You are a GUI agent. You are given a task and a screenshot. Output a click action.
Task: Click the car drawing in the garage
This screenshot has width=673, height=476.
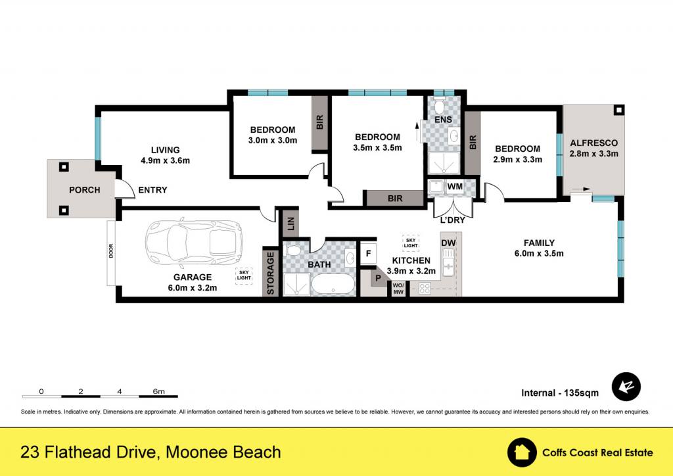tap(194, 244)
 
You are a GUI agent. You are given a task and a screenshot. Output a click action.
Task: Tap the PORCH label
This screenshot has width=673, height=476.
tap(85, 190)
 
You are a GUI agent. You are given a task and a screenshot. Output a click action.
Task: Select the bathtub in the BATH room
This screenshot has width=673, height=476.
tap(333, 285)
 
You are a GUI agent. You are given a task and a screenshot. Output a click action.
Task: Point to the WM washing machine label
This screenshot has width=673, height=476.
tap(455, 187)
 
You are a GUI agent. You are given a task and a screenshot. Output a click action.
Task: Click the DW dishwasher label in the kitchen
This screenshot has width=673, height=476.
tap(448, 243)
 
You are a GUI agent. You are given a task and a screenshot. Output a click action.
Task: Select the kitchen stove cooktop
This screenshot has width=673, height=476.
tap(425, 288)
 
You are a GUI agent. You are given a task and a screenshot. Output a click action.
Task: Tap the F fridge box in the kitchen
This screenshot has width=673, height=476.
tap(368, 254)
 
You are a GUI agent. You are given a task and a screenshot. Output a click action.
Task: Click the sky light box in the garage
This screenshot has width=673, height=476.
tap(244, 275)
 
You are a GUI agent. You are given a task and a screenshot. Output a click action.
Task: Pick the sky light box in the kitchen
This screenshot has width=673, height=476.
tap(410, 243)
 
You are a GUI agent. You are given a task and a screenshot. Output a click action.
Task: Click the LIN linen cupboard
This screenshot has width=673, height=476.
tap(290, 223)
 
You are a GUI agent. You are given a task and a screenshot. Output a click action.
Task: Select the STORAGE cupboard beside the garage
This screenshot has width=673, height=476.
tap(270, 273)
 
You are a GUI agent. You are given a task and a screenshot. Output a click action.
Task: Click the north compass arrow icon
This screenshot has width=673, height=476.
tap(626, 387)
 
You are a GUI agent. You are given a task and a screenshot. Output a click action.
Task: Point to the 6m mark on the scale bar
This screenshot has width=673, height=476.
tap(158, 391)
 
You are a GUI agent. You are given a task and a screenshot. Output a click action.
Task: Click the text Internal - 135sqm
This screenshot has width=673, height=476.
tap(560, 393)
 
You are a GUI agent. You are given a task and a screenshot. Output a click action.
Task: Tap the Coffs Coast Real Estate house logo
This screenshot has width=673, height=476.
tap(521, 452)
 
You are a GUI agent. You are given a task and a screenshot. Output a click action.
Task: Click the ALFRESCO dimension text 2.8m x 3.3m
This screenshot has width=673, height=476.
tap(594, 154)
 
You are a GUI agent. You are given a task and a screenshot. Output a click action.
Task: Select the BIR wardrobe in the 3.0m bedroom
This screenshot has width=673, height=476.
tap(320, 123)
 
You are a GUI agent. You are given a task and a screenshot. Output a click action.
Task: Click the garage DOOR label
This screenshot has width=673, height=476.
tap(111, 250)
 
